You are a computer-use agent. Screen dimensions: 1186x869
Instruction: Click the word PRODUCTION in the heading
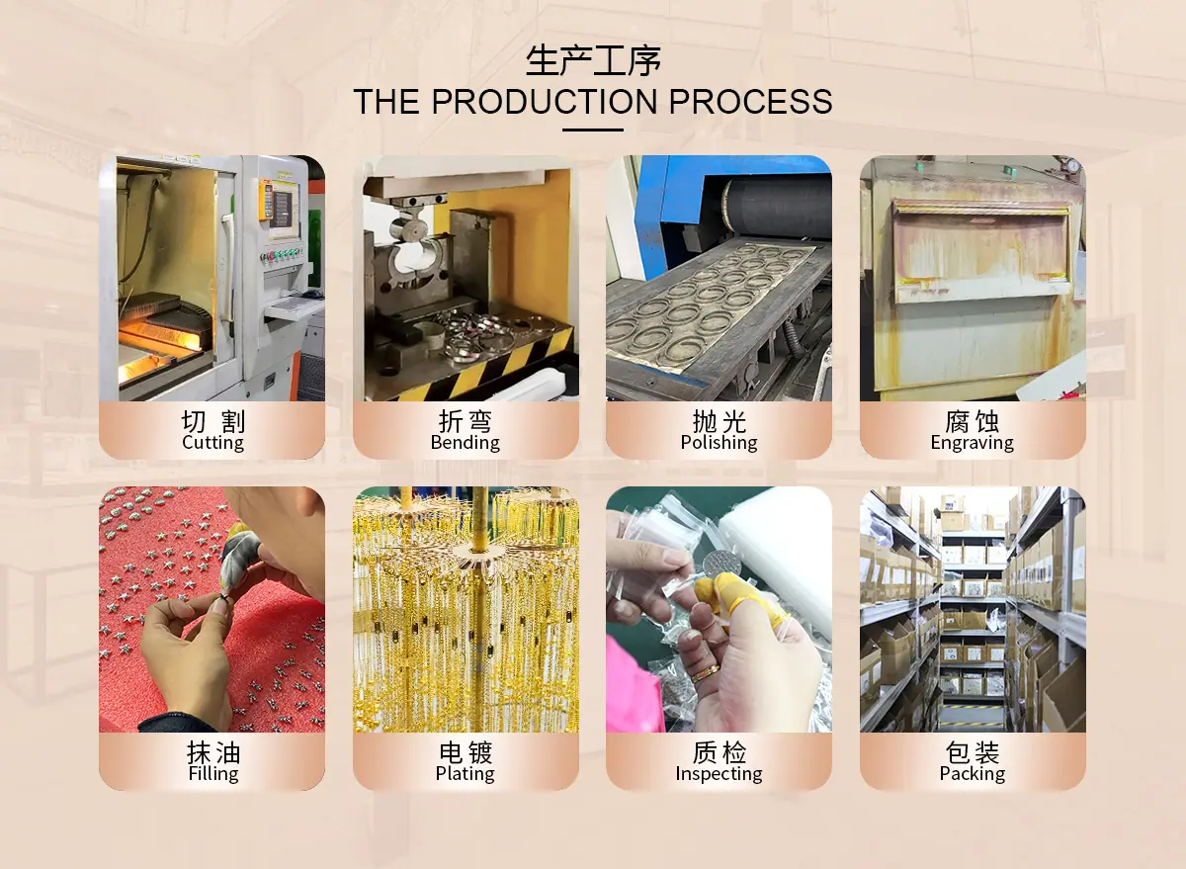coord(545,101)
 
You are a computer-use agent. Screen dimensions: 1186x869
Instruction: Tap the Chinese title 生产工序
coord(593,60)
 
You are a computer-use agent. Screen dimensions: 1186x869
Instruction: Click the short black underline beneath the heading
coord(592,130)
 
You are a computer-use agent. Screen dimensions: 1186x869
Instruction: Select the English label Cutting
coord(212,442)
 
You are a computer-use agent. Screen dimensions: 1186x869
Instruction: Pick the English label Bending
coord(465,442)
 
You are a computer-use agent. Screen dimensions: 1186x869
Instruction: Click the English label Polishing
coord(719,442)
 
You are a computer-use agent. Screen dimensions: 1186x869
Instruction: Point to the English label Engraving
coord(973,442)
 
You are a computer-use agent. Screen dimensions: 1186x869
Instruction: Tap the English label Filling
coord(213,773)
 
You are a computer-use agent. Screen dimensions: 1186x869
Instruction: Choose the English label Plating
coord(465,773)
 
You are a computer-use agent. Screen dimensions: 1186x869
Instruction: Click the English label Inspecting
coord(719,773)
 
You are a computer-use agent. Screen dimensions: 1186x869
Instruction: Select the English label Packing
coord(973,773)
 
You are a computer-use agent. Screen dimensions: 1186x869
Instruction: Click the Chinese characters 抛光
coord(720,421)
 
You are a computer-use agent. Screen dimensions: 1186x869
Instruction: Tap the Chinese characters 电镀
coord(466,752)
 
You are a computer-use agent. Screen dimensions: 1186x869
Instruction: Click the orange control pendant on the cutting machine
coord(265,201)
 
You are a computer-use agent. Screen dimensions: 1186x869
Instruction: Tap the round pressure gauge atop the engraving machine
coord(1072,165)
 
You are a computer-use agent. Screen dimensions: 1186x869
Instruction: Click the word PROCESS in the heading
coord(750,101)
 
